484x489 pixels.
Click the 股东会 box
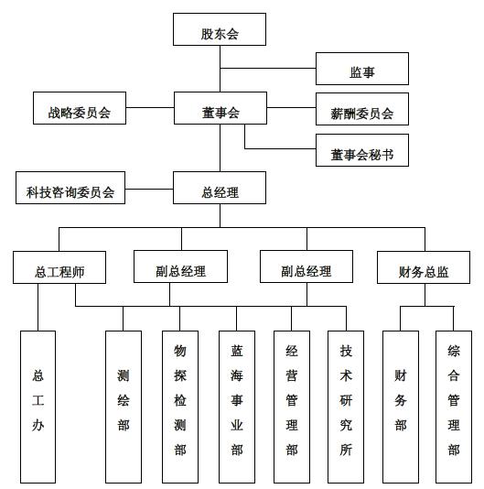[220, 29]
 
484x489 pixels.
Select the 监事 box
[362, 69]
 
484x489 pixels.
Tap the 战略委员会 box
[80, 108]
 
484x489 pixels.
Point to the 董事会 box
[220, 108]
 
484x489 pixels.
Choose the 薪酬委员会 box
[362, 109]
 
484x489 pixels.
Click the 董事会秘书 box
[362, 150]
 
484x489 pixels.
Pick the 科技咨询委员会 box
[70, 188]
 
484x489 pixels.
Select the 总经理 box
[220, 188]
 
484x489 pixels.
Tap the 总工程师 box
[59, 267]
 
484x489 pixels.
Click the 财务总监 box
[424, 267]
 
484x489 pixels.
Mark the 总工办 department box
[38, 407]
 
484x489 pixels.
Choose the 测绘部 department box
[124, 407]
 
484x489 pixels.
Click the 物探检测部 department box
[180, 407]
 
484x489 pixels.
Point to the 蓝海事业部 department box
[237, 407]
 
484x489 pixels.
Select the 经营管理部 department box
[292, 407]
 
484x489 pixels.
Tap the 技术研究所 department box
[346, 407]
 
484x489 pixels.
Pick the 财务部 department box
[401, 407]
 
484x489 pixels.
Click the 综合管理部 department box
[454, 407]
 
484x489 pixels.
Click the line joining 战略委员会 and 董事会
[150, 107]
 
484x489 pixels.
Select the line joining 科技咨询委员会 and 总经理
[149, 189]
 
